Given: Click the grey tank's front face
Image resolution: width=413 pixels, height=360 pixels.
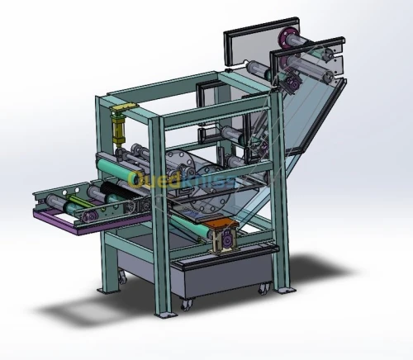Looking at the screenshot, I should coord(223,281).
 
